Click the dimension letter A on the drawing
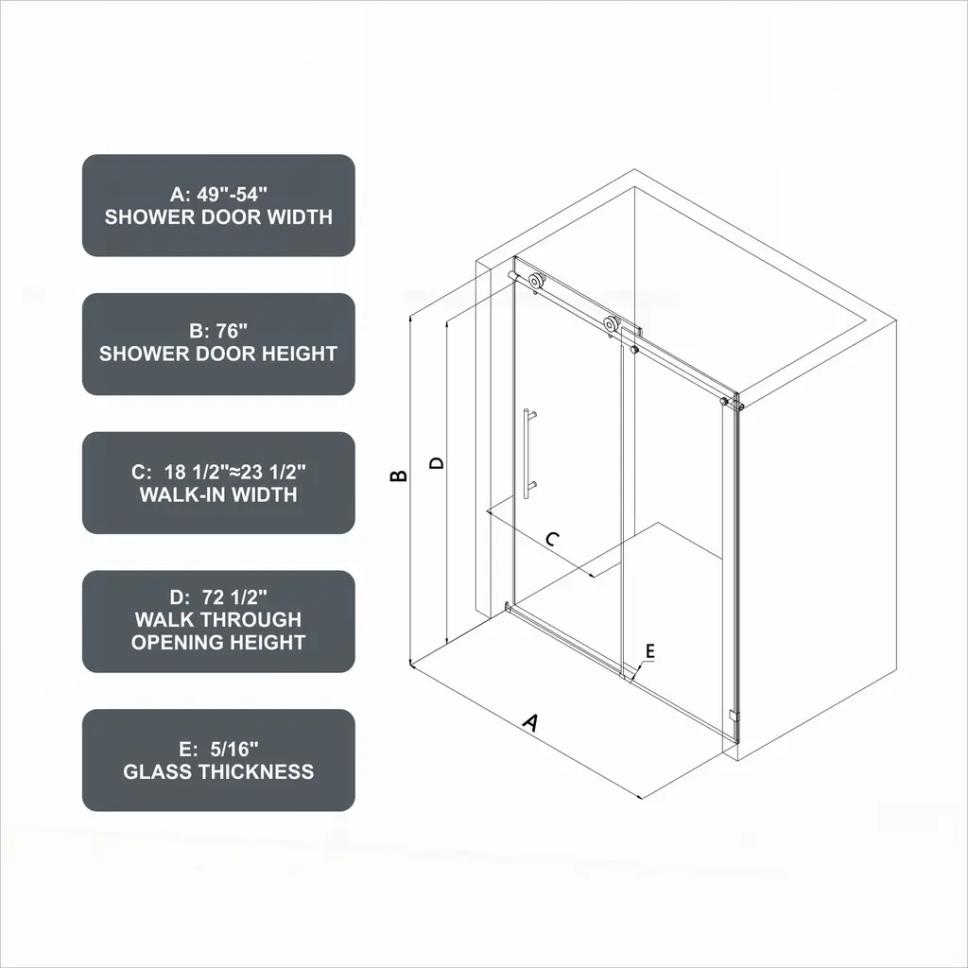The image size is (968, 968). (531, 721)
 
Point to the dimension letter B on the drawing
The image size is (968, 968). (399, 475)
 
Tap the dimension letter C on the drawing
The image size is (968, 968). (553, 539)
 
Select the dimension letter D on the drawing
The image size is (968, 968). (437, 463)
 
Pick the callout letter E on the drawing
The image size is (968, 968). (649, 651)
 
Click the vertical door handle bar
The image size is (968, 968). (526, 453)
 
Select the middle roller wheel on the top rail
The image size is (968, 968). (612, 324)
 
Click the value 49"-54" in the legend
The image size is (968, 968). (233, 195)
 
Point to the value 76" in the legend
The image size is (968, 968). (232, 331)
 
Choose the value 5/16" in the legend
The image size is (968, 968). (233, 749)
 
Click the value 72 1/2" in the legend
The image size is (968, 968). (234, 597)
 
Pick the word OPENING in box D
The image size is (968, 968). (173, 643)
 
